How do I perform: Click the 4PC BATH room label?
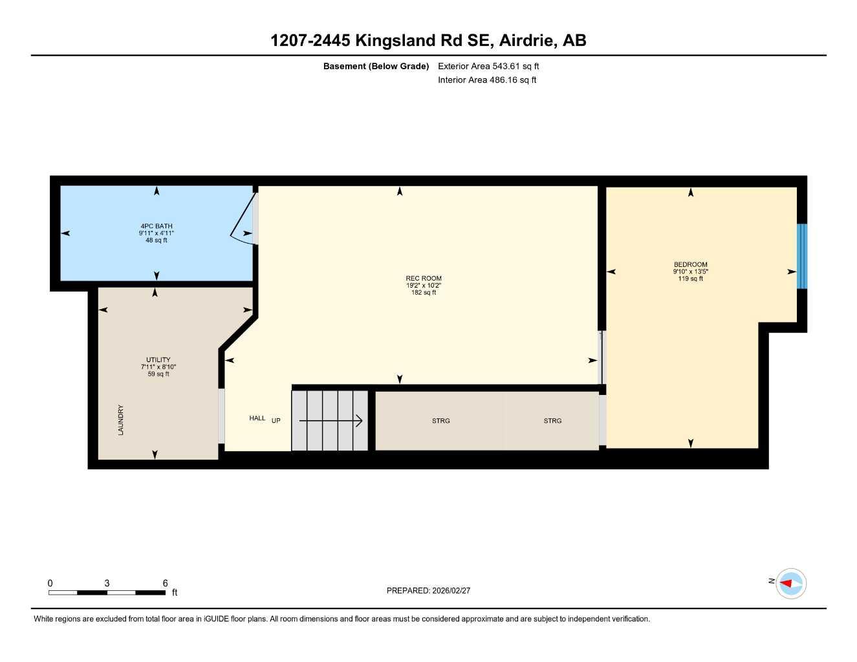[x=157, y=227]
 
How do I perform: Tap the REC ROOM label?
[x=424, y=279]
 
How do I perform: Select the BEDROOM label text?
[x=691, y=264]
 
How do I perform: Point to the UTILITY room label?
[x=158, y=360]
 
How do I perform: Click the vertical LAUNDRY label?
[x=121, y=420]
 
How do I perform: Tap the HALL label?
[x=257, y=418]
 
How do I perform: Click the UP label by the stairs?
[x=276, y=421]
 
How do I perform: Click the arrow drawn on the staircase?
[x=330, y=421]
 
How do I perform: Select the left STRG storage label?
[x=441, y=421]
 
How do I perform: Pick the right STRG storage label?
[x=552, y=421]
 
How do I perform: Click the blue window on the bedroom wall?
[x=802, y=256]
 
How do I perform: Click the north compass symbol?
[x=790, y=584]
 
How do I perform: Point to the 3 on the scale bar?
[x=107, y=583]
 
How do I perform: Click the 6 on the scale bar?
[x=166, y=583]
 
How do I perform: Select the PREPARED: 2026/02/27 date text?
[x=428, y=590]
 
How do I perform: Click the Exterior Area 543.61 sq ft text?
[x=488, y=66]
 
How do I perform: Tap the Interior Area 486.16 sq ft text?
[x=487, y=80]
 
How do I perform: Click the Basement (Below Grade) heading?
[x=376, y=66]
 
